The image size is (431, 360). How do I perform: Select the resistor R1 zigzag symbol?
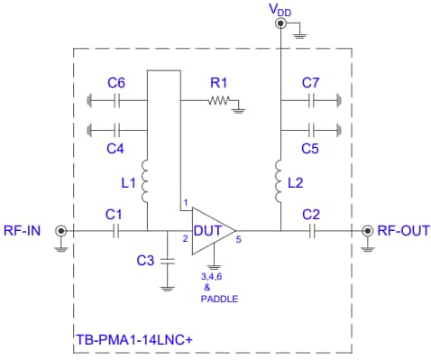click(x=219, y=102)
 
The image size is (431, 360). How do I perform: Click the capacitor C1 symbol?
click(x=115, y=231)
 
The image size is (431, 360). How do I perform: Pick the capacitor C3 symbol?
click(x=167, y=260)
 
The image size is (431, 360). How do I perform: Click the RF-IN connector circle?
click(x=61, y=231)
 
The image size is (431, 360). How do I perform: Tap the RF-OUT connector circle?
click(x=367, y=231)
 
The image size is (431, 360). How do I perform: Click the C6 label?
click(x=116, y=83)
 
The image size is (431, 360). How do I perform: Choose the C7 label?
click(x=311, y=83)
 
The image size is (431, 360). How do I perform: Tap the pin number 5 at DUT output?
click(x=239, y=240)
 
